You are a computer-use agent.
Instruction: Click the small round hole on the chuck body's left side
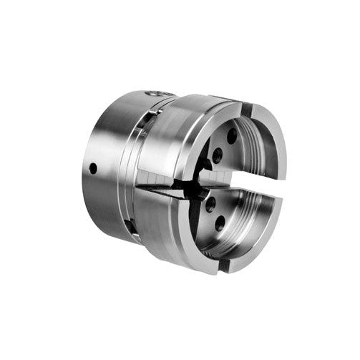point(93,168)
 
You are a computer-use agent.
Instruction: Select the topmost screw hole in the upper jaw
point(231,134)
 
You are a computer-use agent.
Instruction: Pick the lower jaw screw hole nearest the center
point(210,205)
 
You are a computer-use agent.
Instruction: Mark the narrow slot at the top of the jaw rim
point(246,110)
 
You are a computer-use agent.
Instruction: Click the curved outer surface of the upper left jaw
point(179,140)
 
